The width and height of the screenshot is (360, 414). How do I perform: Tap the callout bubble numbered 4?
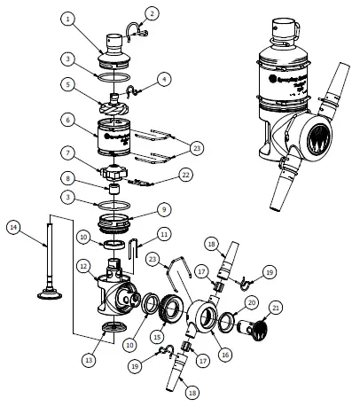[163, 78]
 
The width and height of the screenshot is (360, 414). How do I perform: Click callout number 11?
[164, 233]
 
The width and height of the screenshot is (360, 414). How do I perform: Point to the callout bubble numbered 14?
[13, 228]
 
